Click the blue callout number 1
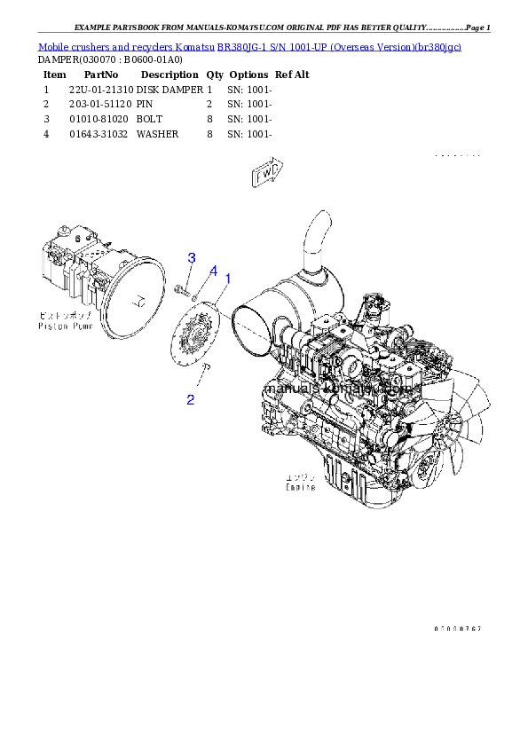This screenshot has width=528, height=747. point(227,279)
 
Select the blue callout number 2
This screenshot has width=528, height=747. point(190,400)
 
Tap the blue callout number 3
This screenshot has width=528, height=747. point(191,257)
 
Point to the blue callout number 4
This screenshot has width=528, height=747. point(213,270)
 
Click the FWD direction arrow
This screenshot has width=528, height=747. point(267,174)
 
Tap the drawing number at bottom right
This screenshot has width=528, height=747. point(458,627)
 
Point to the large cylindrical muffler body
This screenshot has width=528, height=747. point(293,306)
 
